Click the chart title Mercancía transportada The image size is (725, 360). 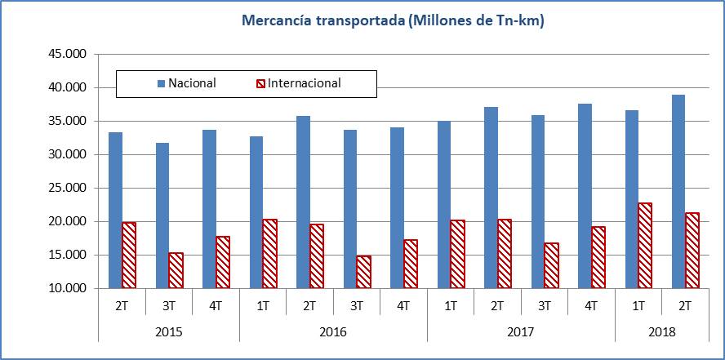tap(393, 20)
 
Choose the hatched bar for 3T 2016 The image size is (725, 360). tap(363, 272)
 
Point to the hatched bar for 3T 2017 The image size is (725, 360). tap(551, 265)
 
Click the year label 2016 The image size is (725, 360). tap(333, 332)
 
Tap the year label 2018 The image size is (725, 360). tap(661, 332)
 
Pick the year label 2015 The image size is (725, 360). tap(168, 332)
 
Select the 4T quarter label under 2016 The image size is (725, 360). tap(403, 306)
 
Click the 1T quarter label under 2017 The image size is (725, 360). tap(450, 306)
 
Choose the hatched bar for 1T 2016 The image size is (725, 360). tap(269, 253)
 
